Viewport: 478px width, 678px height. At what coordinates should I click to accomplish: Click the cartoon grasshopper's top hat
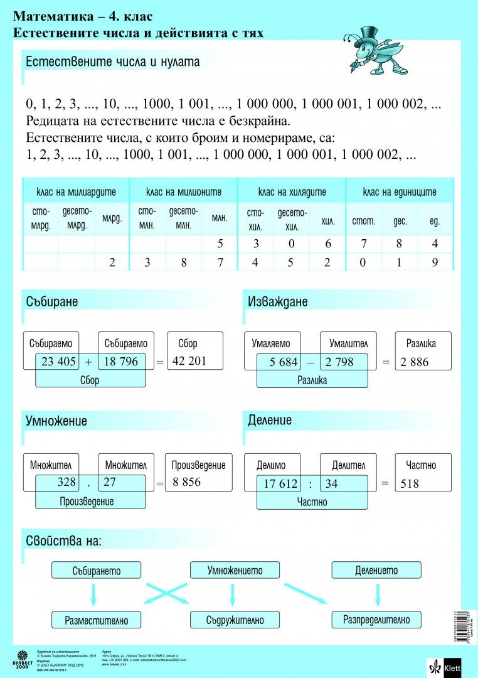coord(368,32)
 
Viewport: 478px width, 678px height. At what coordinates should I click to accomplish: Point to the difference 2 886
coord(414,362)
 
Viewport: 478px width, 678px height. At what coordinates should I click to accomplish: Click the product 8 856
coord(187,482)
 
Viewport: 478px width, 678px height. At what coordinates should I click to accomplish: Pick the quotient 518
coord(409,483)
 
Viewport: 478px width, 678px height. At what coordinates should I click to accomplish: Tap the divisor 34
coord(332,483)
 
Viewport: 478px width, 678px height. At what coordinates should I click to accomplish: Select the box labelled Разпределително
coord(376,620)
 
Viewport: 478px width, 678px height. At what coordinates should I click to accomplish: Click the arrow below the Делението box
coord(376,594)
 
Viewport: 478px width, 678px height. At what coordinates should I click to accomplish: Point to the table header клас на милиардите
coord(76,191)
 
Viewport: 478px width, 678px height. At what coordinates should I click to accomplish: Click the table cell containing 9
coord(435,263)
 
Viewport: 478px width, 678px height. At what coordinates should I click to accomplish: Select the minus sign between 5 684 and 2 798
coord(310,362)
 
